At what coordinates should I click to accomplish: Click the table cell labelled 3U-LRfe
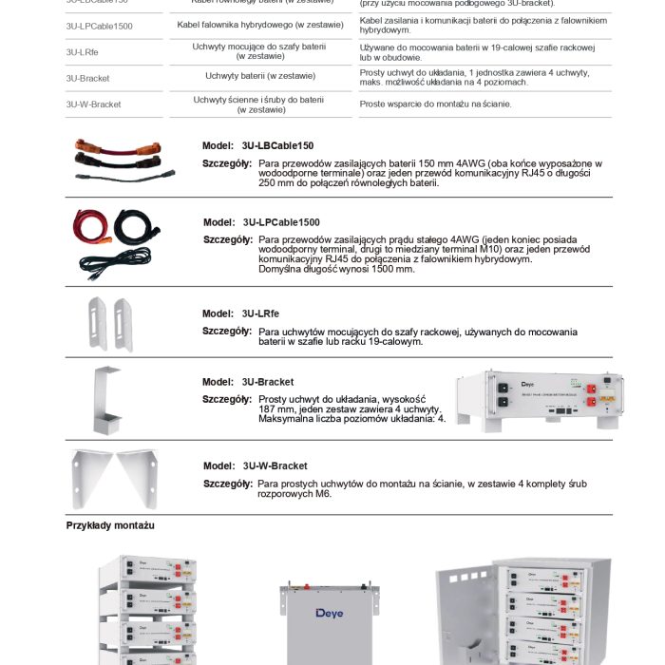[x=82, y=51]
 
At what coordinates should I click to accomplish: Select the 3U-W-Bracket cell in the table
[x=93, y=104]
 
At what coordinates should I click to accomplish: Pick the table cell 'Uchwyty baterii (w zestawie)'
[x=259, y=76]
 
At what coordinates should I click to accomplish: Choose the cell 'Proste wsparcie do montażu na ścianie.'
[x=435, y=104]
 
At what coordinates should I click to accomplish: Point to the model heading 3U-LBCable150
[x=257, y=145]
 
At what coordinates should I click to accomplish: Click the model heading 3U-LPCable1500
[x=261, y=222]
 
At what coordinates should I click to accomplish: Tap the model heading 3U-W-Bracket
[x=256, y=465]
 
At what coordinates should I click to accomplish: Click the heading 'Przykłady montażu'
[x=110, y=525]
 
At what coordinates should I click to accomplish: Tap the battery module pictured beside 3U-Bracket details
[x=540, y=399]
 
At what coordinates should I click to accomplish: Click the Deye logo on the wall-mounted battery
[x=330, y=613]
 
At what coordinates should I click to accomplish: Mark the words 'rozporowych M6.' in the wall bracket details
[x=294, y=494]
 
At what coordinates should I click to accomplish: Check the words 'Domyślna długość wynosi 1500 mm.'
[x=336, y=269]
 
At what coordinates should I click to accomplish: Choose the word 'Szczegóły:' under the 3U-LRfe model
[x=227, y=331]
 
